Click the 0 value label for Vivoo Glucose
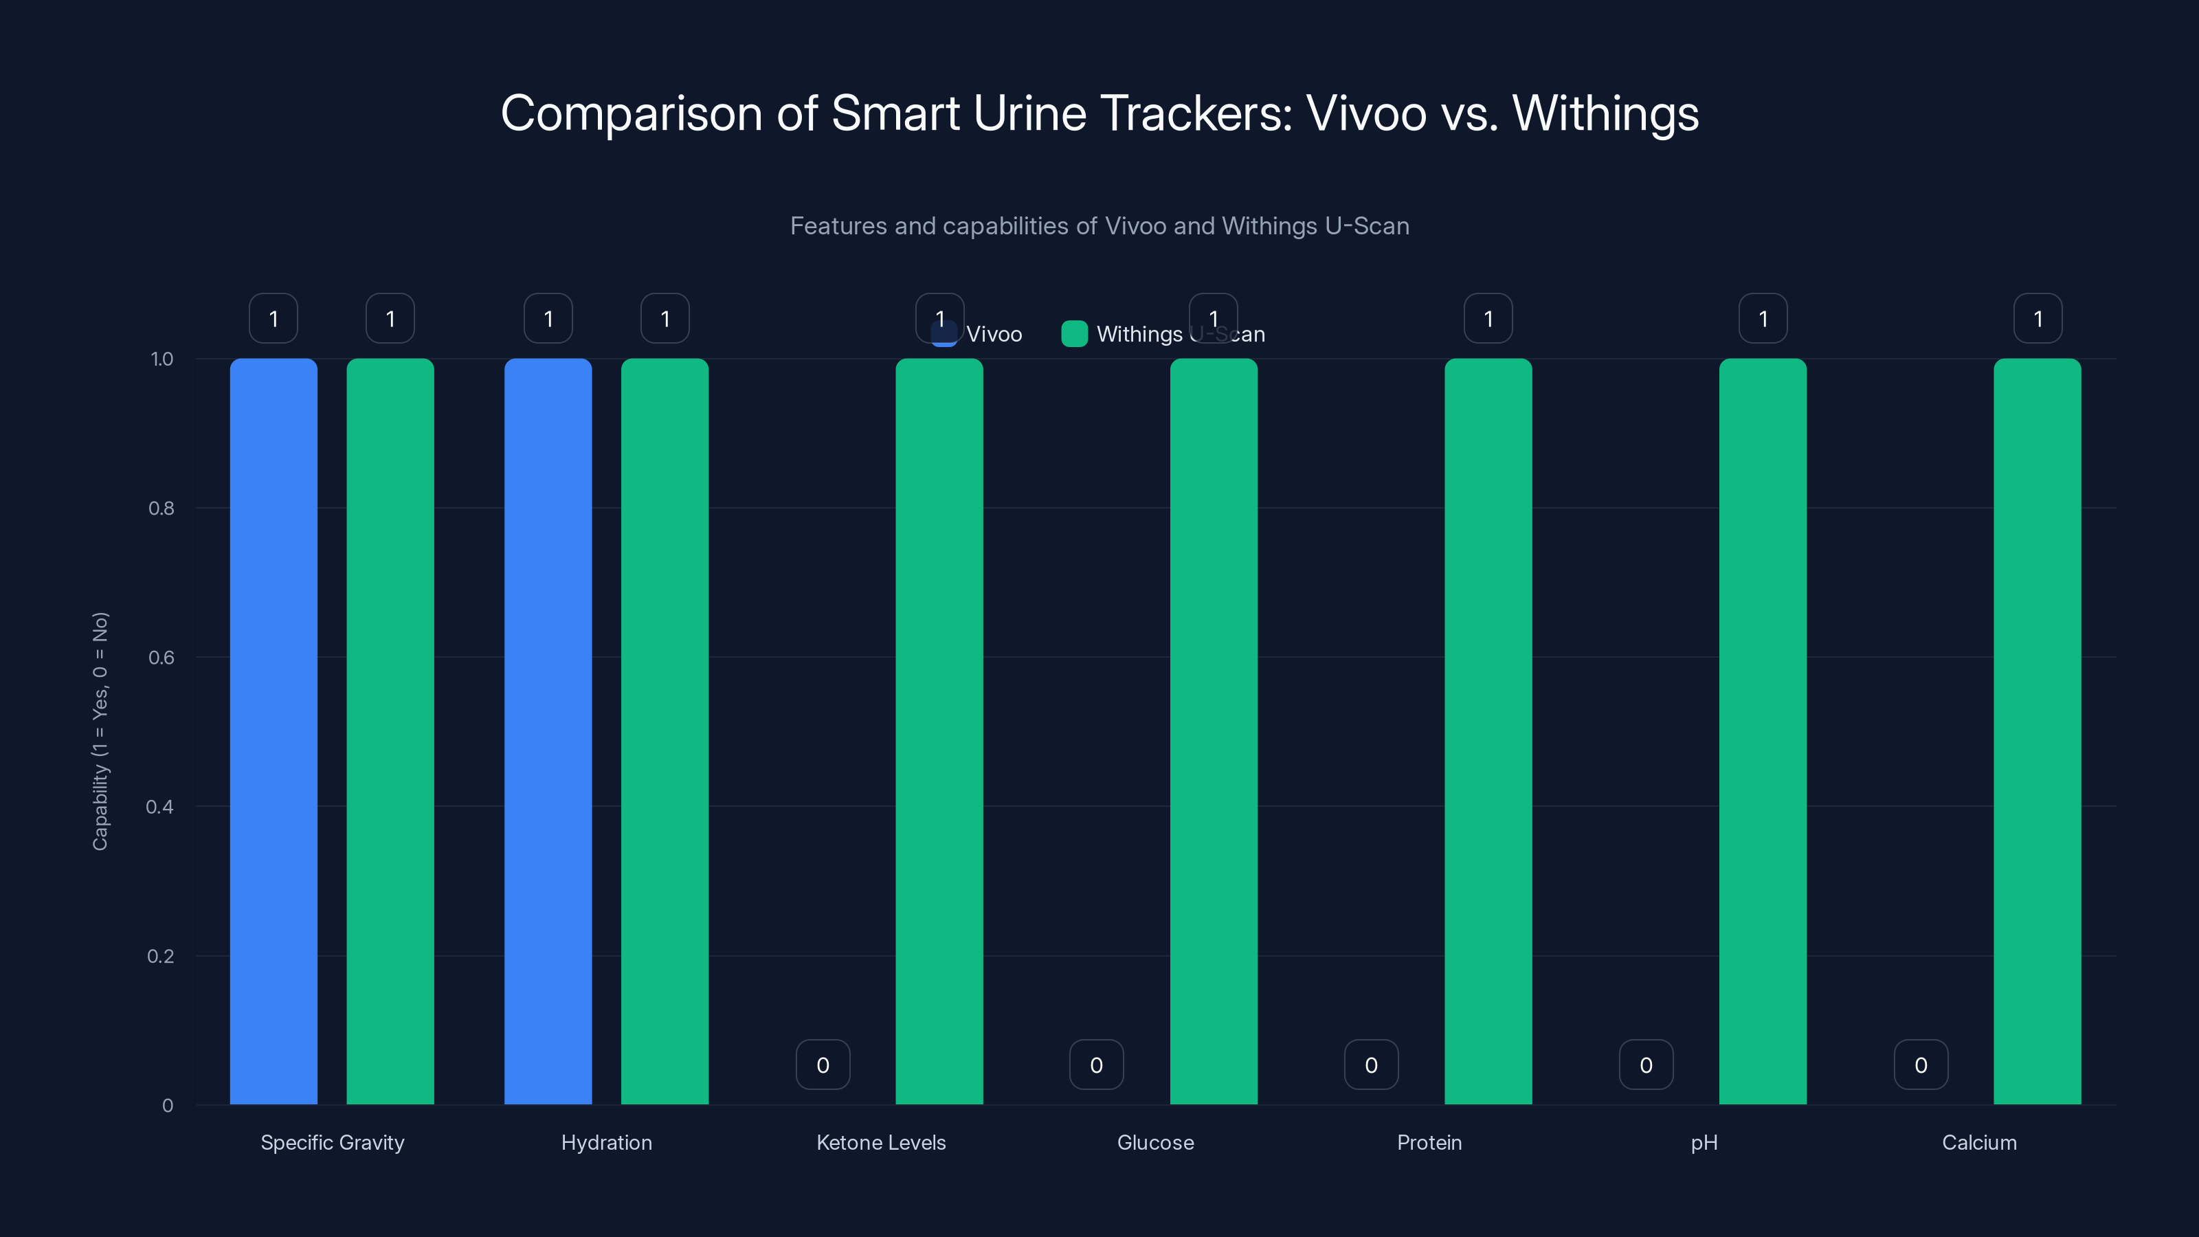click(x=1096, y=1065)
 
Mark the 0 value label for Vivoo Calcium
click(x=1921, y=1065)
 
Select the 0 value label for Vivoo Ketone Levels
click(x=823, y=1065)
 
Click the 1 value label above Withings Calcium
click(x=2038, y=318)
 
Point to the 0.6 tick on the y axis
click(x=161, y=658)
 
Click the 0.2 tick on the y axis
click(x=161, y=956)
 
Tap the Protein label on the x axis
click(x=1429, y=1142)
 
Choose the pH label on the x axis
click(x=1704, y=1142)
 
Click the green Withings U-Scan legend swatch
click(x=1074, y=334)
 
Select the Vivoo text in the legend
click(x=994, y=334)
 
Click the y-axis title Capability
click(x=100, y=731)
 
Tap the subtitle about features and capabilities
click(x=1099, y=225)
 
